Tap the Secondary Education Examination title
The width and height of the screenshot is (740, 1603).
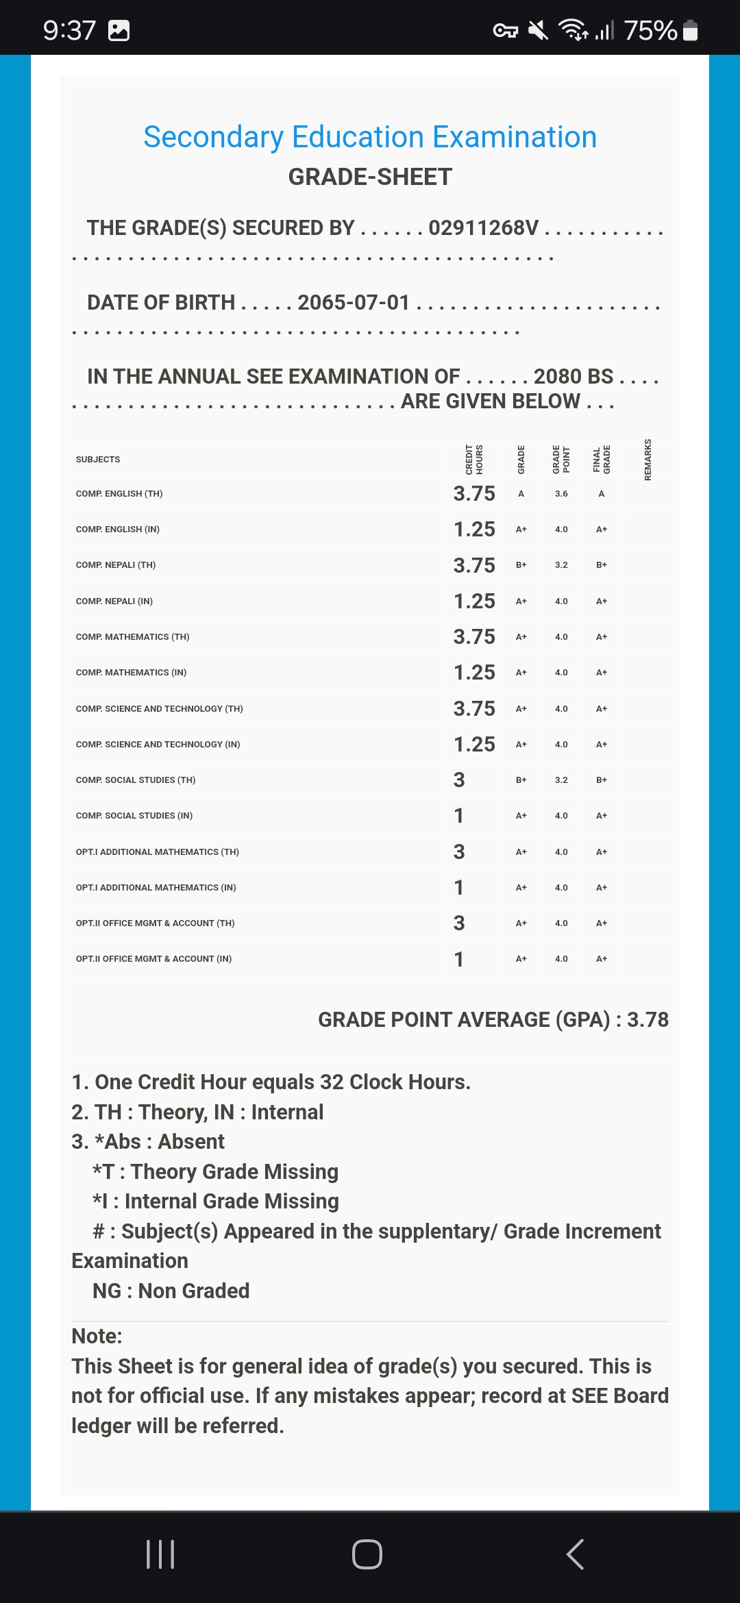(x=370, y=137)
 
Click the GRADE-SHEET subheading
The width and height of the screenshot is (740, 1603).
(x=370, y=177)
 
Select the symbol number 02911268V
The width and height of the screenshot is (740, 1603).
(x=483, y=228)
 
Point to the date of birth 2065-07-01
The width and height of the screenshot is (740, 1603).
(x=354, y=302)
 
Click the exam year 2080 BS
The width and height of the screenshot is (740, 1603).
(x=573, y=376)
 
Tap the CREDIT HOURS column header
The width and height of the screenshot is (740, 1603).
(x=474, y=459)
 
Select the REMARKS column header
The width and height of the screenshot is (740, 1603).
(x=647, y=459)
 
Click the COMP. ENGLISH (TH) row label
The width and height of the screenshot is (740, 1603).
(x=119, y=494)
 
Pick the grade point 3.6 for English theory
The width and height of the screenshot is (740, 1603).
(x=561, y=494)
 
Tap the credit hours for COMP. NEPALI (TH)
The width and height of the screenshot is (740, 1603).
(x=474, y=565)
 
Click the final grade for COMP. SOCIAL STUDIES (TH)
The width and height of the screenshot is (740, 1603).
(x=602, y=780)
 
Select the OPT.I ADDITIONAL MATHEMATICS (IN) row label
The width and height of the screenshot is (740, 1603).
(x=156, y=888)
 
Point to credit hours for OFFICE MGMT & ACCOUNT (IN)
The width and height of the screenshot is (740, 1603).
(x=459, y=959)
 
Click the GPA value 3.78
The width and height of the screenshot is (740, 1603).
(x=647, y=1019)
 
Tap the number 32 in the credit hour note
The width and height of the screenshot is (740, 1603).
(x=332, y=1082)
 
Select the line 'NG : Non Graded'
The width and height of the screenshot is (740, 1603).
(x=171, y=1291)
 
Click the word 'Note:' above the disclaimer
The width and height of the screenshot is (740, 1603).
(x=97, y=1336)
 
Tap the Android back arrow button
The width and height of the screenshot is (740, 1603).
(x=575, y=1554)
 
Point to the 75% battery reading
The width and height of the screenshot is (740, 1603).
(x=650, y=30)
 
